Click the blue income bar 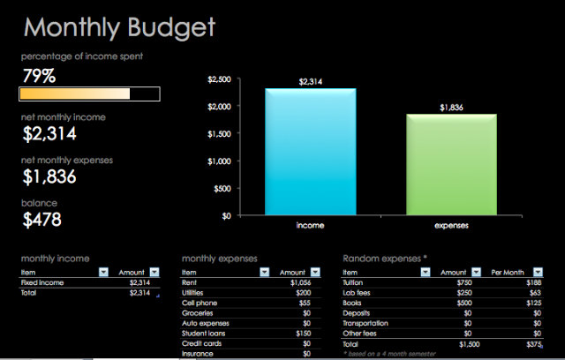pyautogui.click(x=311, y=152)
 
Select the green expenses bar pyautogui.click(x=451, y=164)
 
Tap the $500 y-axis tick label pyautogui.click(x=222, y=189)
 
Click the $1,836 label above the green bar pyautogui.click(x=451, y=108)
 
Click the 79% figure pyautogui.click(x=39, y=76)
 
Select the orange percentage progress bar pyautogui.click(x=75, y=94)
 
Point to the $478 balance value pyautogui.click(x=42, y=219)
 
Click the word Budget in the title pyautogui.click(x=171, y=28)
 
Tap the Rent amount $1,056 pyautogui.click(x=300, y=282)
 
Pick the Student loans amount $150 pyautogui.click(x=304, y=334)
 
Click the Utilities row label pyautogui.click(x=192, y=293)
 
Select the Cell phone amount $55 pyautogui.click(x=305, y=303)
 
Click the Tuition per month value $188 pyautogui.click(x=533, y=282)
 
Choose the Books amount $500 pyautogui.click(x=464, y=303)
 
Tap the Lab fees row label pyautogui.click(x=357, y=293)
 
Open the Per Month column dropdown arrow pyautogui.click(x=538, y=272)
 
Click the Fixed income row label pyautogui.click(x=42, y=282)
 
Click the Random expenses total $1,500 pyautogui.click(x=469, y=344)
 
